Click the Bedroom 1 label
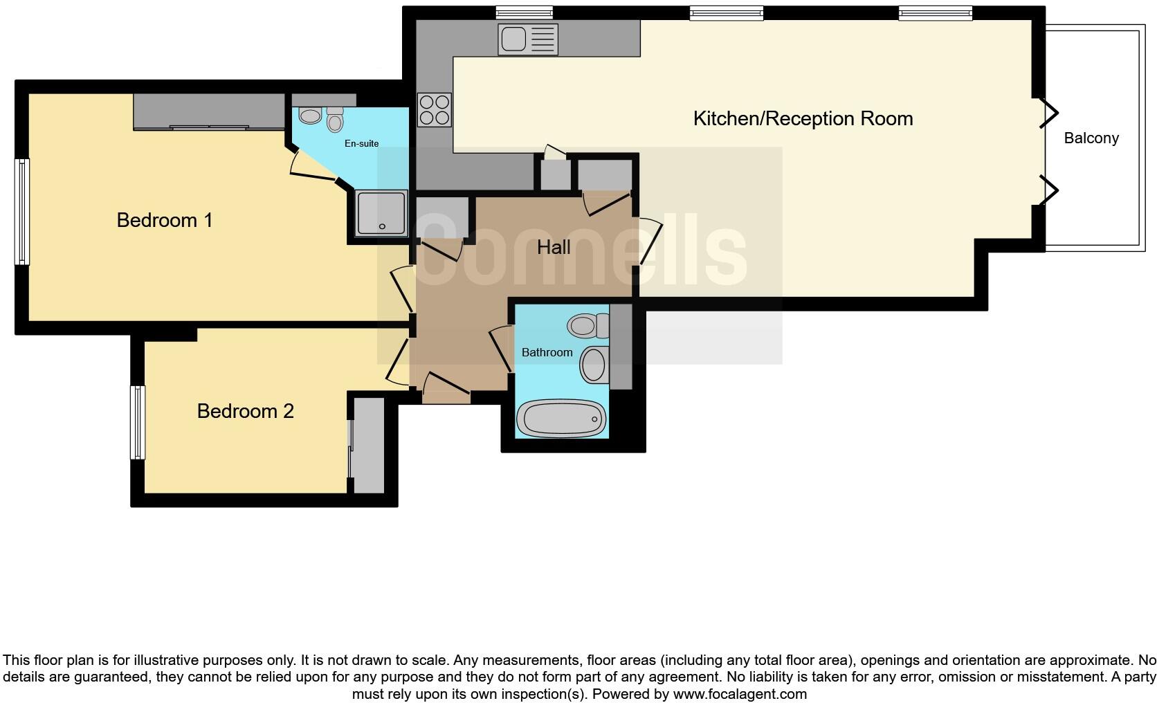165,220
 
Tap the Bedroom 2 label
245,411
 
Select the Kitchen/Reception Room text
803,118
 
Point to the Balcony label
1091,138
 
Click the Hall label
554,247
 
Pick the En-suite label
362,143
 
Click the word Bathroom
547,352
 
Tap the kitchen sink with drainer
528,39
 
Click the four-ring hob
435,110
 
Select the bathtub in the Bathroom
561,419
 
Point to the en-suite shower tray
381,214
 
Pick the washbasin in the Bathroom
593,365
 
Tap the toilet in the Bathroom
587,325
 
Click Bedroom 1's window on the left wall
23,211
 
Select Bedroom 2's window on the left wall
138,423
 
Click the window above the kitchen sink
525,12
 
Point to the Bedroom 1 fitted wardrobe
209,111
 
